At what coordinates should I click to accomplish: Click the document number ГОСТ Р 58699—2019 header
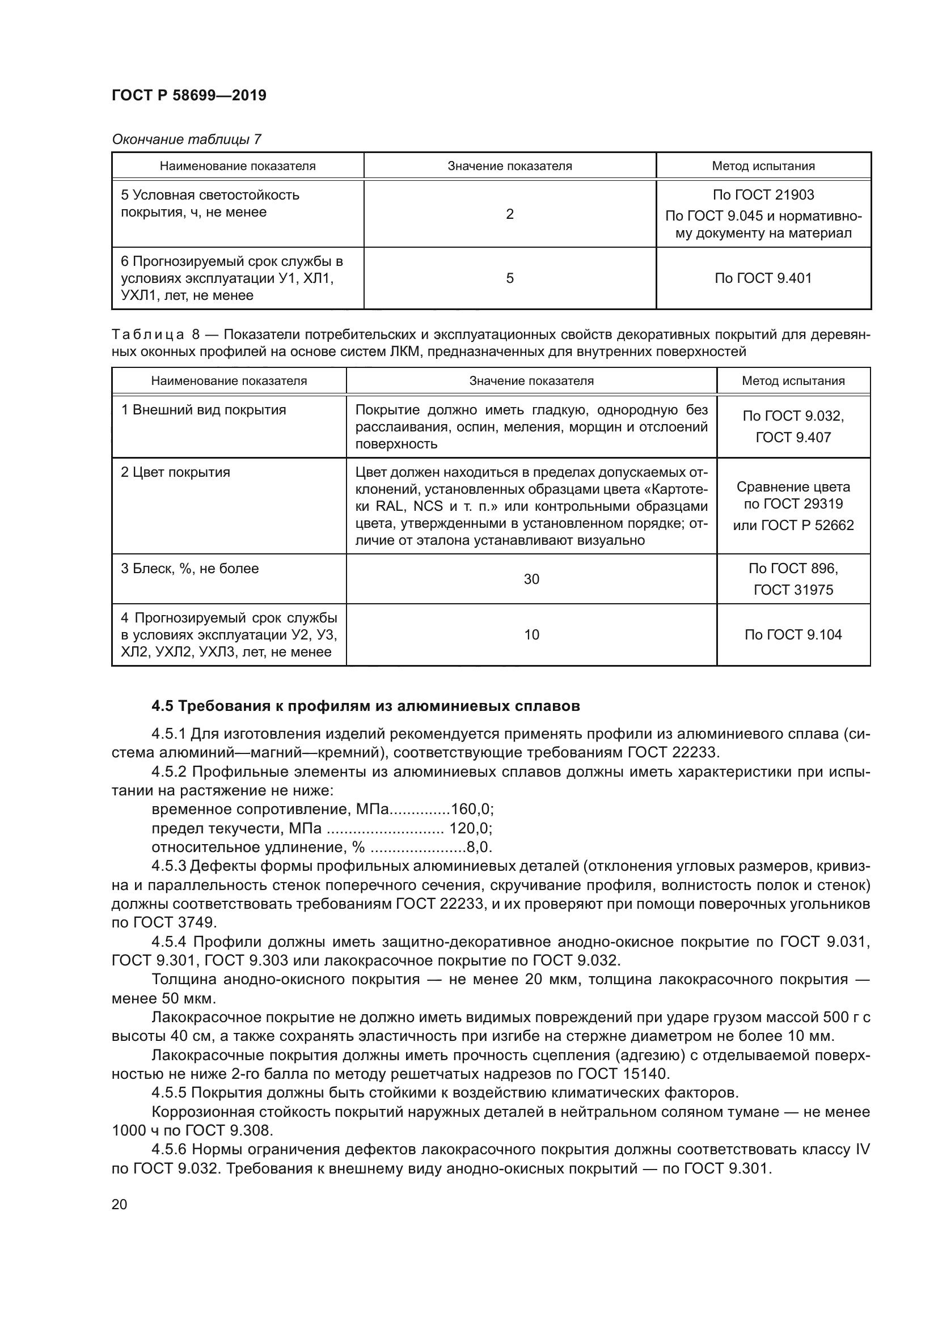coord(189,96)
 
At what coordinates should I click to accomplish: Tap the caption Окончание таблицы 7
coord(186,139)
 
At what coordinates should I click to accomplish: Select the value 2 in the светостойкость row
coord(509,214)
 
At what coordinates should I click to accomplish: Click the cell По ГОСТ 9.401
coord(763,278)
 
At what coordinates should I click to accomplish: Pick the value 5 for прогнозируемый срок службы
coord(509,278)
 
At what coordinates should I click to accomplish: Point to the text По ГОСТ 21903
coord(763,195)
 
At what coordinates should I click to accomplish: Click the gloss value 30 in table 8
coord(531,579)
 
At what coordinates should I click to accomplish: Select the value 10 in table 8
coord(531,635)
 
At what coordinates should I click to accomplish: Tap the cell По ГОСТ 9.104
coord(793,635)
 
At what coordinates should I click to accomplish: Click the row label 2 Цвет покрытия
coord(176,472)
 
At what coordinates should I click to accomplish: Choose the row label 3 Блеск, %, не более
coord(189,568)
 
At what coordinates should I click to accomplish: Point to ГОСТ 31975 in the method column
coord(793,590)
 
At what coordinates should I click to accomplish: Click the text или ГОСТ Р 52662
coord(793,525)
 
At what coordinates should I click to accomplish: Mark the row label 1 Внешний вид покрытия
coord(204,410)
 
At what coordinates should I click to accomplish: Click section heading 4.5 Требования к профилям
coord(366,706)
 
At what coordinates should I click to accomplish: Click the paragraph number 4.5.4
coord(168,942)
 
